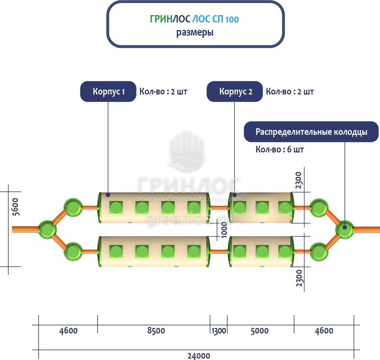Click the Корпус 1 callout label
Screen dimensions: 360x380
[108, 92]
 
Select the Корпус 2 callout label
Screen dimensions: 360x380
[235, 92]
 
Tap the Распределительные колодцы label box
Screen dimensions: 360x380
[311, 132]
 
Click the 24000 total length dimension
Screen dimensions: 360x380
[199, 356]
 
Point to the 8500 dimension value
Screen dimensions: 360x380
[156, 331]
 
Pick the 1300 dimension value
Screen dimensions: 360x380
[219, 331]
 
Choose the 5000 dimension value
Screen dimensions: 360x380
[260, 331]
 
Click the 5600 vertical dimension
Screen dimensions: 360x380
[16, 207]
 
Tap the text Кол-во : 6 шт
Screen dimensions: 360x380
[280, 150]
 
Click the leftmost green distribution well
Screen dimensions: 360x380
[47, 229]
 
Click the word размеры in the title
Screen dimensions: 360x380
[195, 33]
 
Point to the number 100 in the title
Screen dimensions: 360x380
[232, 20]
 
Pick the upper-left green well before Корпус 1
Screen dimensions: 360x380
[73, 207]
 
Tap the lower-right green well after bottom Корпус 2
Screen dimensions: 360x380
[319, 251]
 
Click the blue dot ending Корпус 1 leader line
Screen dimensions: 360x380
[108, 195]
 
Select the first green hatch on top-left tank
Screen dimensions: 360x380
[116, 208]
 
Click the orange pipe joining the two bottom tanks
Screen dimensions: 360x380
[219, 251]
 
